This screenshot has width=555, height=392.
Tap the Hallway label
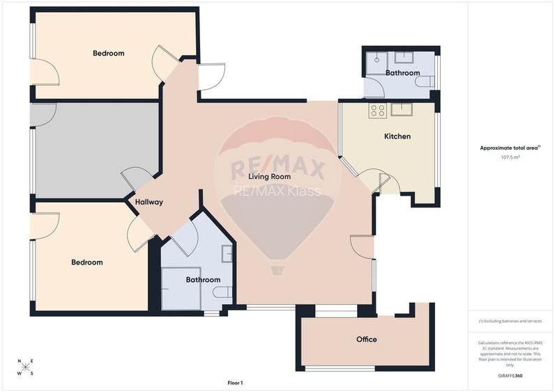[x=149, y=202]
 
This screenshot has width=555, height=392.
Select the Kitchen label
[x=397, y=136]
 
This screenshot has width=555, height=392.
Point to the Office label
[x=366, y=339]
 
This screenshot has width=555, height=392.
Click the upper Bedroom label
[x=108, y=53]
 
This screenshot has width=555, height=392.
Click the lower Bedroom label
[x=86, y=262]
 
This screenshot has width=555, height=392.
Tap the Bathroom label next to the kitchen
[x=402, y=72]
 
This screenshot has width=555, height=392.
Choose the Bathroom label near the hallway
[x=203, y=280]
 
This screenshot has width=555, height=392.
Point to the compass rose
[x=25, y=368]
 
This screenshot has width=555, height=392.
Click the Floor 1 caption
[x=235, y=383]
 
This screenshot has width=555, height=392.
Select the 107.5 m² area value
[x=510, y=157]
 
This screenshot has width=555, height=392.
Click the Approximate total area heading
[x=509, y=148]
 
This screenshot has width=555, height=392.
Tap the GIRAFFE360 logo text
[x=510, y=376]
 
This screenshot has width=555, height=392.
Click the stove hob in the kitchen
[x=379, y=109]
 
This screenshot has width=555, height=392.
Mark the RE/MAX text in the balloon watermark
[x=278, y=169]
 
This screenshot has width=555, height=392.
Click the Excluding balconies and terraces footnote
[x=510, y=321]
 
